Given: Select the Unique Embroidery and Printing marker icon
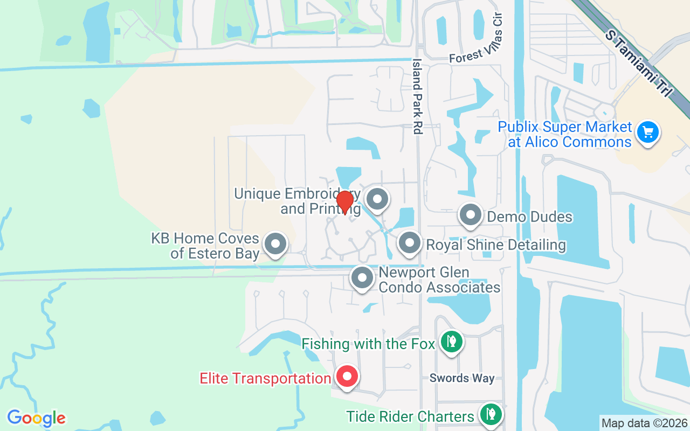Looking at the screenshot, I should click(377, 199).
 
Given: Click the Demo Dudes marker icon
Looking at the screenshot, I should click(470, 215).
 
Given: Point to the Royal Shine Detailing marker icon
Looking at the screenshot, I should click(410, 242).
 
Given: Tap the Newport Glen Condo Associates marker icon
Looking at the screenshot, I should click(362, 278).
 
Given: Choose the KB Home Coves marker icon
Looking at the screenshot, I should click(275, 244).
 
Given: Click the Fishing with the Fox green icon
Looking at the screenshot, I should click(451, 341).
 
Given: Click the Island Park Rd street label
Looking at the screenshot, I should click(417, 96).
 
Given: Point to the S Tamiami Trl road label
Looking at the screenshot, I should click(639, 64).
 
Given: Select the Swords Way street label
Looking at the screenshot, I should click(462, 378).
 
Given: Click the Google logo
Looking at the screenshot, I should click(36, 418).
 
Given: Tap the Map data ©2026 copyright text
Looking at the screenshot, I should click(644, 423).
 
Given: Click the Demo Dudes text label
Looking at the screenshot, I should click(529, 217).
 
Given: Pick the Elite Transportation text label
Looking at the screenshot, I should click(265, 378).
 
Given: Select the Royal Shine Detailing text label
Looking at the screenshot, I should click(496, 245).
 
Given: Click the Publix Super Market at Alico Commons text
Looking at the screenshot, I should click(564, 134).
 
